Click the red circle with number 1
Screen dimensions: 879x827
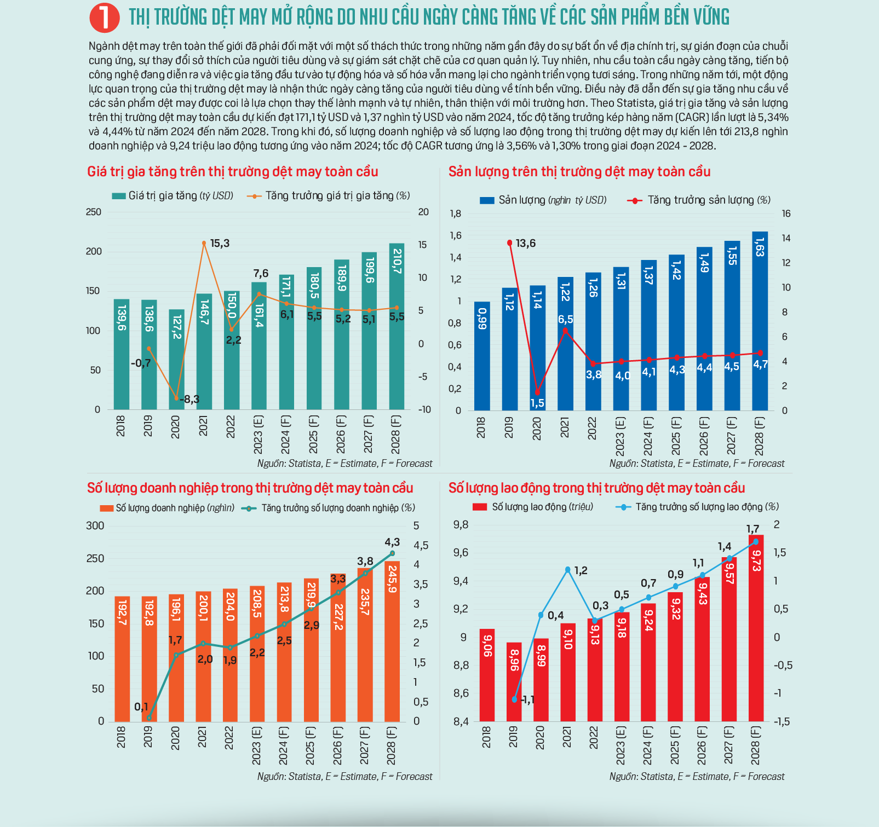pos(104,18)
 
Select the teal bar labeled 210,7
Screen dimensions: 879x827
pos(397,326)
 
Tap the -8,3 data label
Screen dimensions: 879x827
pos(189,400)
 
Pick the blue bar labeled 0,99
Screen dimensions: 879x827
pos(482,356)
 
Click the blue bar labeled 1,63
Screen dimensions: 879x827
pos(760,321)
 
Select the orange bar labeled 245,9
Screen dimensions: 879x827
pos(392,641)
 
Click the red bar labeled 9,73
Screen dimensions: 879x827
pos(756,628)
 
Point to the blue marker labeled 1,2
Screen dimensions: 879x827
pos(567,570)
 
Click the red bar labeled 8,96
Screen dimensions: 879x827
pos(514,682)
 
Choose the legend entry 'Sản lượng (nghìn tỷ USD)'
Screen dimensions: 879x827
pos(543,200)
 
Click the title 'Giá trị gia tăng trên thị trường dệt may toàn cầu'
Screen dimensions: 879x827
pos(233,172)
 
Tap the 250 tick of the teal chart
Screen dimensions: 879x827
pos(94,212)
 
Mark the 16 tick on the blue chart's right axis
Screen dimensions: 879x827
pos(786,214)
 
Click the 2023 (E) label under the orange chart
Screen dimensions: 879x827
pos(256,745)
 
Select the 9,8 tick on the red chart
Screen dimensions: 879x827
pos(461,525)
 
